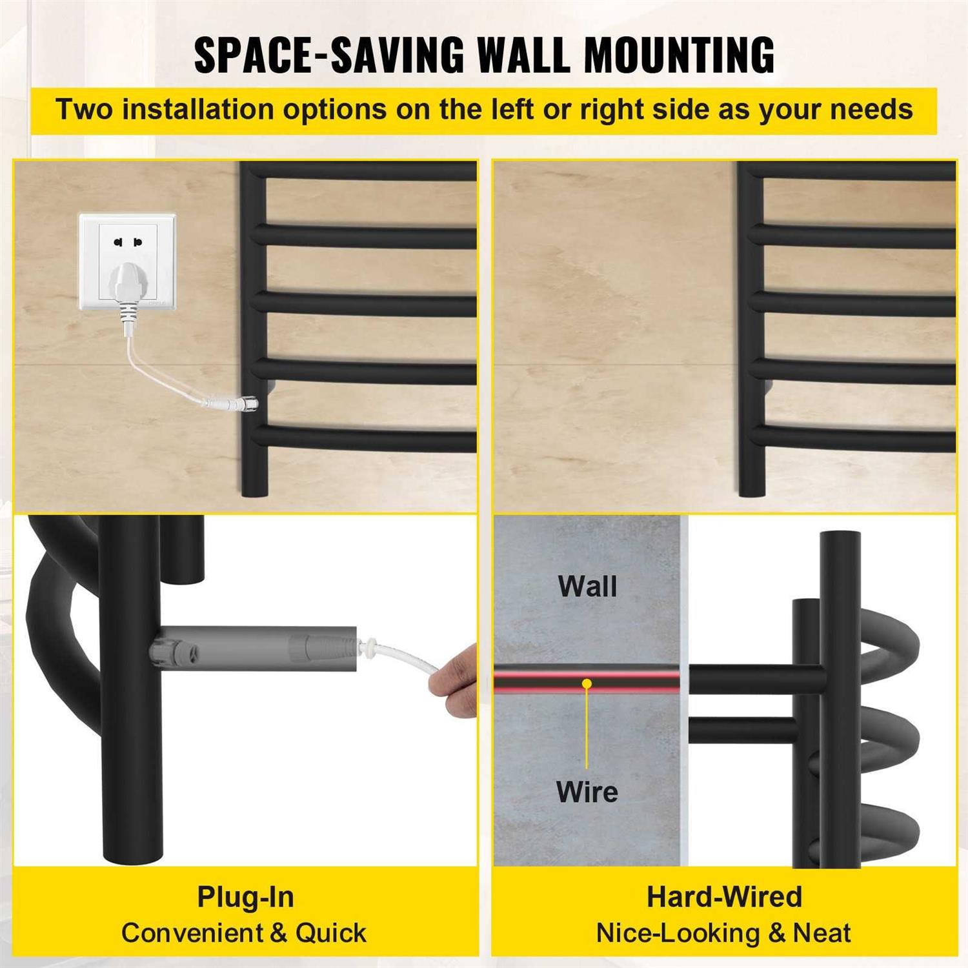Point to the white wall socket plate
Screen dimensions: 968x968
point(128,261)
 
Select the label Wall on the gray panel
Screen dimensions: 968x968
point(587,587)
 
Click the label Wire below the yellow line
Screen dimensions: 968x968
point(587,792)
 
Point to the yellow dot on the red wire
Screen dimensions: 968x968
point(587,683)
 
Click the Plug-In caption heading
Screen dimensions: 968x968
point(245,897)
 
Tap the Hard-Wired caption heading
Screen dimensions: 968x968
point(724,897)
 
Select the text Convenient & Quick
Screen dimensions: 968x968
point(244,933)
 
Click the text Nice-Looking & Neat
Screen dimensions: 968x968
point(723,933)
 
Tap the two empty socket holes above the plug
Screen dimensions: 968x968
point(128,243)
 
